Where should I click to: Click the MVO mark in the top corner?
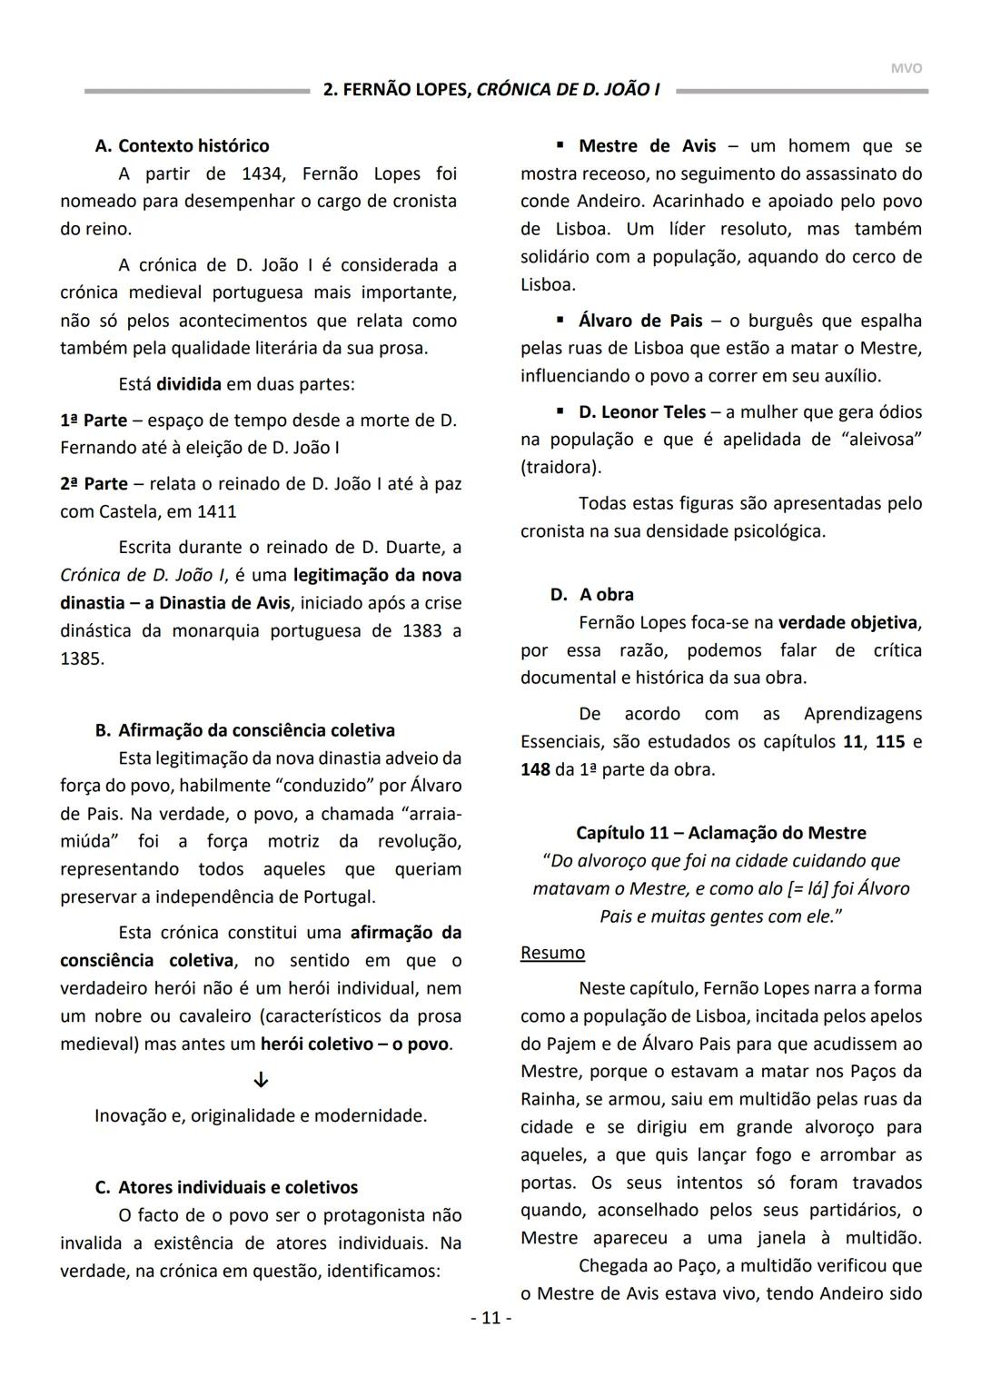tap(906, 68)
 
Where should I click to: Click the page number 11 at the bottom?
tap(490, 1317)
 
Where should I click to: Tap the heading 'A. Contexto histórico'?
tap(182, 145)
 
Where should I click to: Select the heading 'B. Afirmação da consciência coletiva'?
tap(245, 730)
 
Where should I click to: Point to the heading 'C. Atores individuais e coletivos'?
tap(226, 1187)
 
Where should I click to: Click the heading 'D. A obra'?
tap(592, 594)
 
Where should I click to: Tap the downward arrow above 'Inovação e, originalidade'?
tap(261, 1080)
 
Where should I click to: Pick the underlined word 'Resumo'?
tap(552, 952)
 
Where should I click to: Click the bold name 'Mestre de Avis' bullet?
tap(647, 145)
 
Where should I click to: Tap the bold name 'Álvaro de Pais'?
tap(640, 321)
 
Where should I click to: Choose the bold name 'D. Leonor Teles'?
tap(642, 411)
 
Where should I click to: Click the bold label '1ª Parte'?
tap(94, 421)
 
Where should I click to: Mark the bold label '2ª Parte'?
tap(94, 483)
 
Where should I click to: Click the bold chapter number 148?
tap(535, 769)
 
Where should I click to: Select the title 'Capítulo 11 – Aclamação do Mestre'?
tap(721, 833)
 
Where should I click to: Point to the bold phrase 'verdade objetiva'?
tap(847, 622)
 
